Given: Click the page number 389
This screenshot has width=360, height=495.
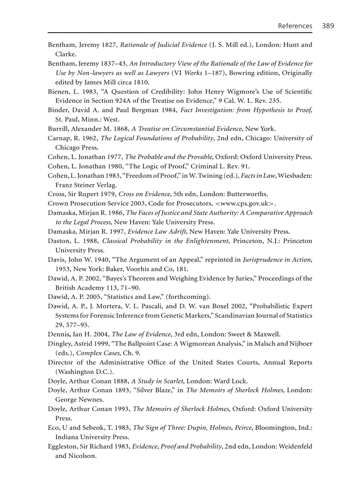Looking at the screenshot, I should pyautogui.click(x=328, y=26).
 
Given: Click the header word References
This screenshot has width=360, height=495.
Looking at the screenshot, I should pyautogui.click(x=295, y=26).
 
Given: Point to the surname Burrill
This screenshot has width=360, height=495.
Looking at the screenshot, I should pyautogui.click(x=57, y=129).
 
